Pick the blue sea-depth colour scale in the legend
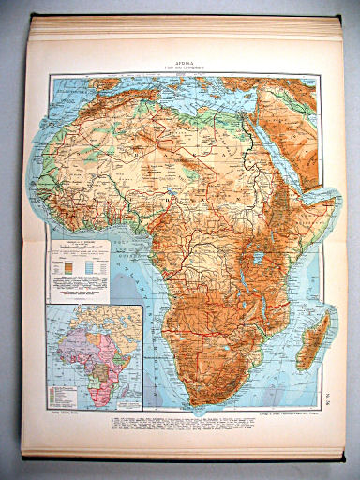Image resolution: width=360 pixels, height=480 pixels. pyautogui.click(x=99, y=265)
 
